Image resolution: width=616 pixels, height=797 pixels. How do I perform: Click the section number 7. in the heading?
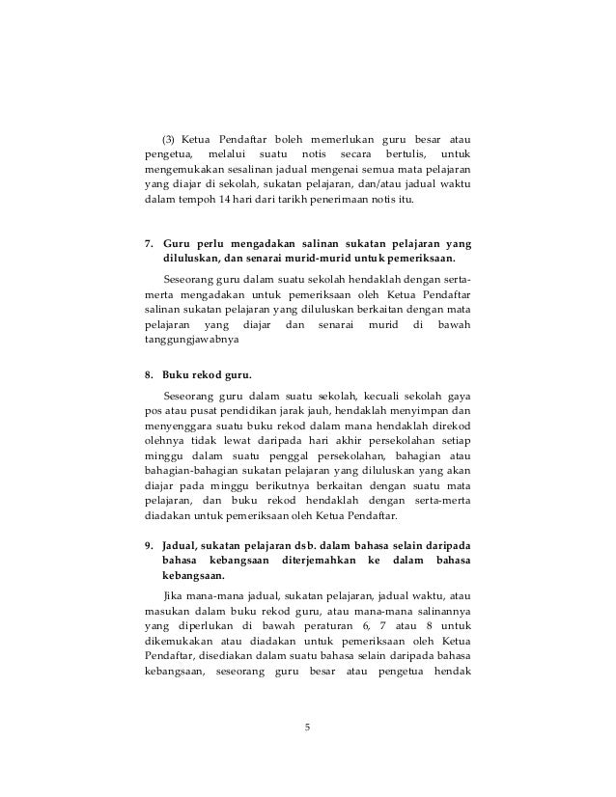click(x=150, y=241)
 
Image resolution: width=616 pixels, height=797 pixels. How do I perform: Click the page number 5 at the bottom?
click(x=307, y=728)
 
